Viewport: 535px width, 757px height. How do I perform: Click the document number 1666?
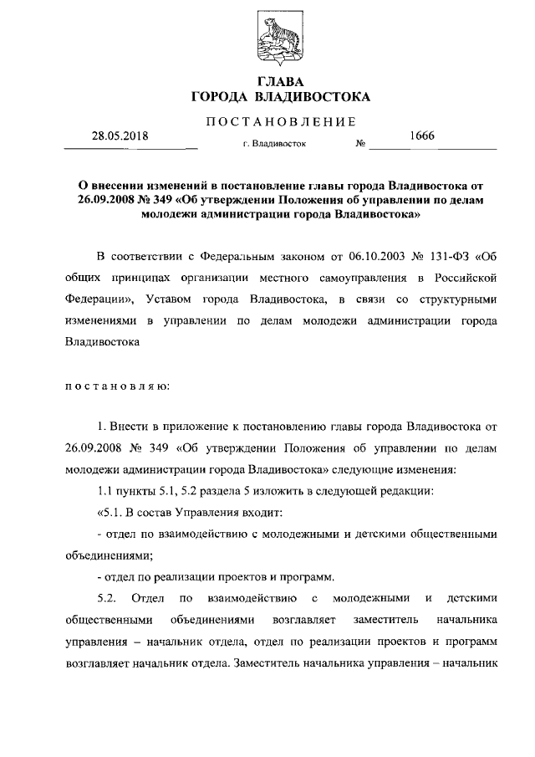click(x=422, y=136)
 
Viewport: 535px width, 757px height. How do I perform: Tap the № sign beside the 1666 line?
click(x=361, y=143)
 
